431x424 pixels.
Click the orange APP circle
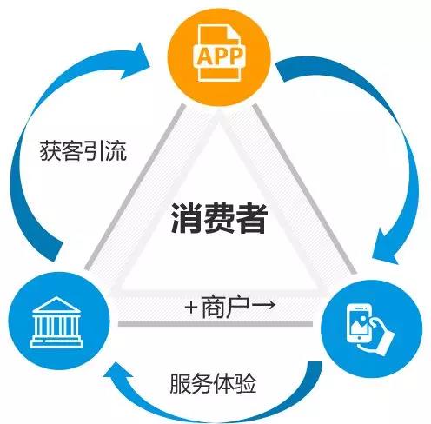point(219,56)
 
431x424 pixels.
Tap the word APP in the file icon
point(219,56)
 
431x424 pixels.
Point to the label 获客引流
point(83,151)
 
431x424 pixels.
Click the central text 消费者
point(219,218)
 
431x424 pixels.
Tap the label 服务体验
point(213,384)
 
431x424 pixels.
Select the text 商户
point(225,307)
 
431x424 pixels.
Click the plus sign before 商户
point(191,308)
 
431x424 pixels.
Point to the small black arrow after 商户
point(263,305)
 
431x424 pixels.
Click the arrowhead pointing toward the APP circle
point(136,62)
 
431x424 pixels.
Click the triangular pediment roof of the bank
point(56,305)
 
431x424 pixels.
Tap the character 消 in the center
point(186,218)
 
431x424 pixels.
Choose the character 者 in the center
point(251,218)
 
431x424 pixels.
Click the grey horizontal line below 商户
point(215,324)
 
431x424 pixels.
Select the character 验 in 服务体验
point(246,384)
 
